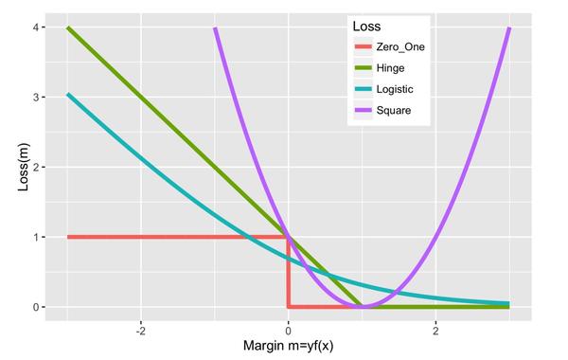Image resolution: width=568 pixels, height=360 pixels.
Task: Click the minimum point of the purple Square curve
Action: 362,307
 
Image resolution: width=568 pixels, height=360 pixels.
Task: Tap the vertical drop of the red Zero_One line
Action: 288,273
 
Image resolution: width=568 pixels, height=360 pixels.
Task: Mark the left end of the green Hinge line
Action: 67,27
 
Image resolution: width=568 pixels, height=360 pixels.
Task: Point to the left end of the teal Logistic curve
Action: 67,95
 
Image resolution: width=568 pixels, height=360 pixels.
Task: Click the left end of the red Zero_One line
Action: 67,237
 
